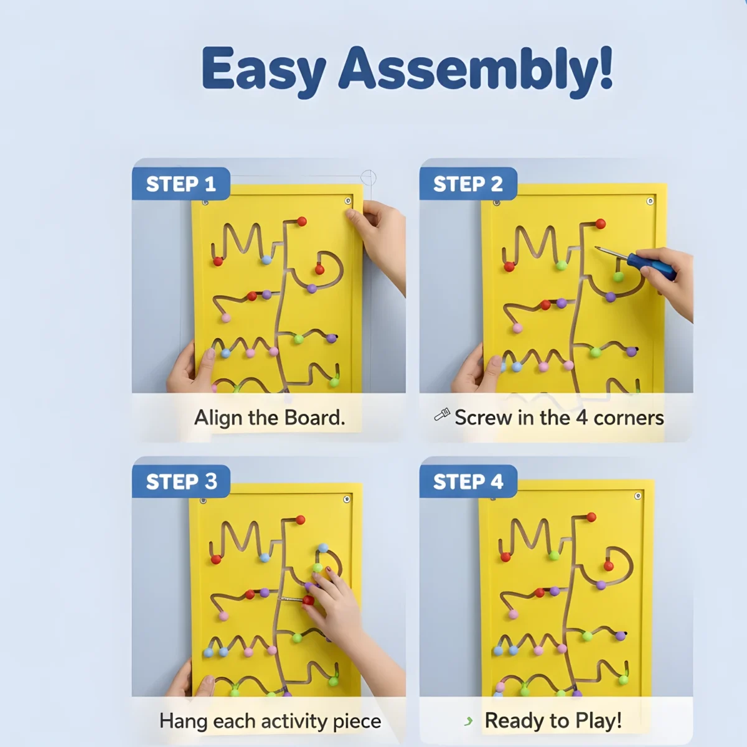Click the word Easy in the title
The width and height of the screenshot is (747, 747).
tap(263, 70)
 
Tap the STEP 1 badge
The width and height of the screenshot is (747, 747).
tap(181, 184)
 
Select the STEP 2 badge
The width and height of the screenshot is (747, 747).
tap(468, 184)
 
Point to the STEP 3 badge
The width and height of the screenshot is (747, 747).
tap(181, 482)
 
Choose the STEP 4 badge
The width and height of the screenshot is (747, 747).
tap(468, 482)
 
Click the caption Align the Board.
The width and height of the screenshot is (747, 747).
tap(270, 418)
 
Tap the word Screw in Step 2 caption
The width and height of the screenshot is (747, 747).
tap(483, 418)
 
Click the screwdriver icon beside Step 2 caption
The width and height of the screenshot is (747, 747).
tap(442, 415)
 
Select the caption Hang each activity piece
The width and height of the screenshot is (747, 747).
tap(270, 721)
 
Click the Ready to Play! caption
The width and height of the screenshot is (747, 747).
tap(553, 721)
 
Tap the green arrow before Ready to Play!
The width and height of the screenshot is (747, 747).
tap(468, 721)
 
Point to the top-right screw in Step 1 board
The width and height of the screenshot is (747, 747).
tap(348, 201)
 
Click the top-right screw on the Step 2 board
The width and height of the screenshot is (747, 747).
tap(650, 201)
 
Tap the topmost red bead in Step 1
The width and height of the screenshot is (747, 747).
tap(302, 221)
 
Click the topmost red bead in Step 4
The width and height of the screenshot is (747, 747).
tap(591, 517)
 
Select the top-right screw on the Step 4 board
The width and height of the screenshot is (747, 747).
tap(637, 496)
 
